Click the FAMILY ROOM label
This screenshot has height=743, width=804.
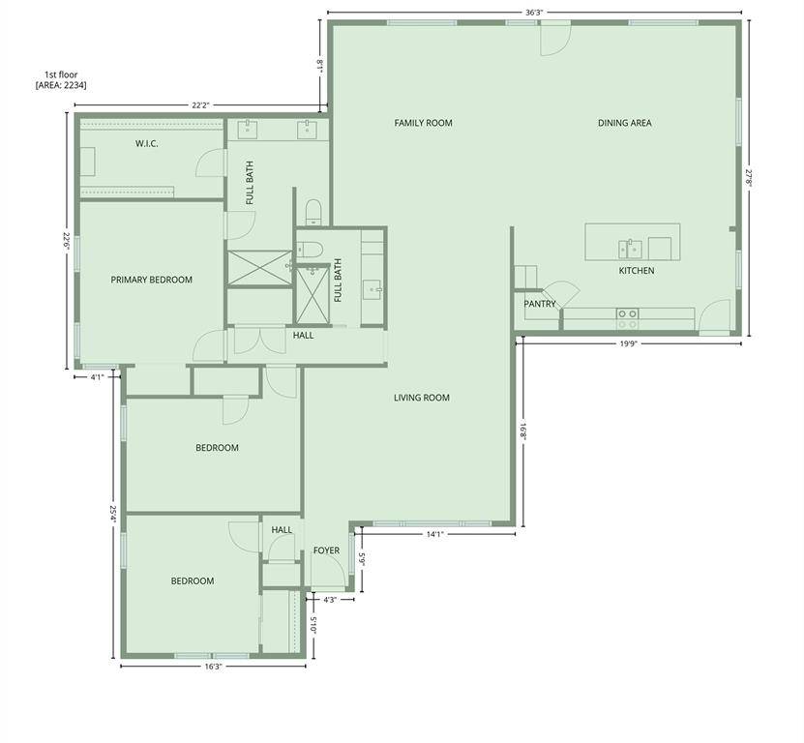pyautogui.click(x=423, y=123)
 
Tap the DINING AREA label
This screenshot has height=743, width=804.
pyautogui.click(x=624, y=123)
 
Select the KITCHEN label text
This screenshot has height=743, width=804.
pyautogui.click(x=637, y=271)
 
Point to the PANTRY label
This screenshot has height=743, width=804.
pyautogui.click(x=540, y=304)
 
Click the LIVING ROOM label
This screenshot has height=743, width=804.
pyautogui.click(x=422, y=398)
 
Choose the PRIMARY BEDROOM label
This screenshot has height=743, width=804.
pyautogui.click(x=151, y=280)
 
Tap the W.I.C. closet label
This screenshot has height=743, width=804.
pyautogui.click(x=146, y=144)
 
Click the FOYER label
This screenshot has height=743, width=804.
pyautogui.click(x=326, y=550)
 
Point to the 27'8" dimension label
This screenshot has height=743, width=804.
pyautogui.click(x=748, y=179)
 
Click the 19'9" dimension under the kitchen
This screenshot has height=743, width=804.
pyautogui.click(x=629, y=342)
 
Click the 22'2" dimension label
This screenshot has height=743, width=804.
pyautogui.click(x=201, y=104)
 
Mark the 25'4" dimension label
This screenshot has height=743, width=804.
pyautogui.click(x=113, y=516)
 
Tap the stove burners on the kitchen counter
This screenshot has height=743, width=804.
pyautogui.click(x=627, y=313)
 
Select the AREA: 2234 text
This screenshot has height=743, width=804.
pyautogui.click(x=61, y=85)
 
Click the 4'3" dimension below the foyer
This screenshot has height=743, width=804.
pyautogui.click(x=329, y=600)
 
